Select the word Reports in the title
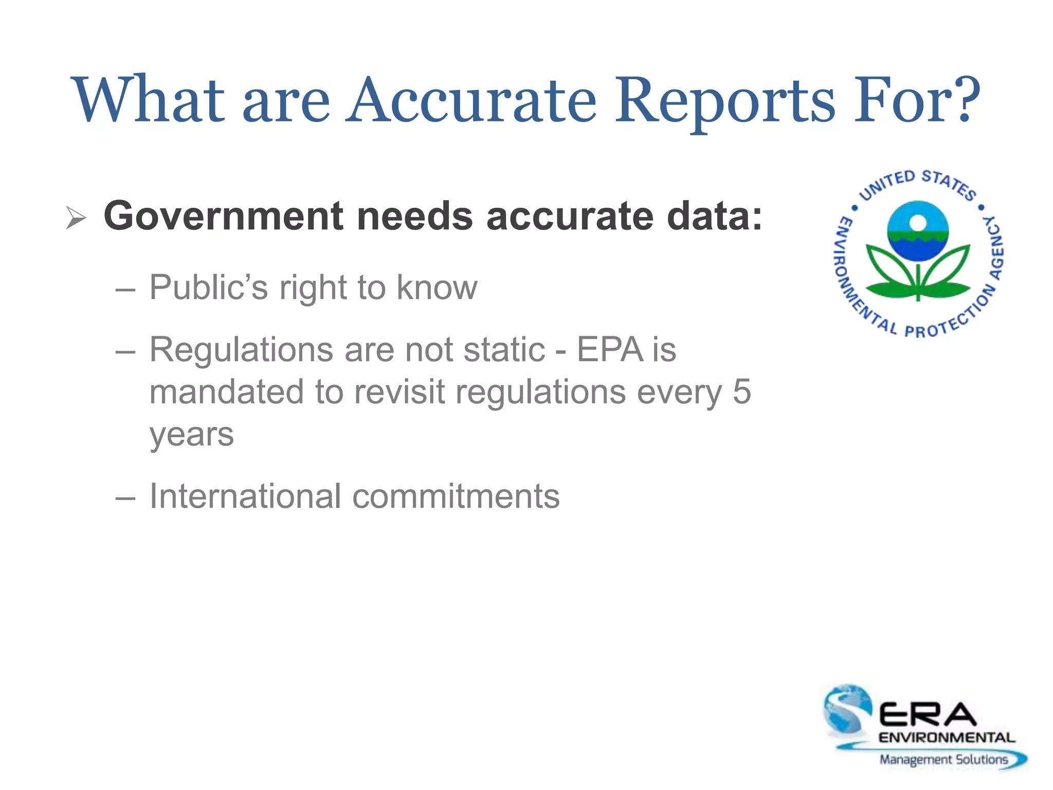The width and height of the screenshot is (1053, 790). [x=725, y=100]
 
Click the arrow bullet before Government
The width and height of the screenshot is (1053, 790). [x=76, y=218]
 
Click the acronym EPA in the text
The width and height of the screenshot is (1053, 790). [x=610, y=350]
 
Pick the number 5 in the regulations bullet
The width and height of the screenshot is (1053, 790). [x=741, y=392]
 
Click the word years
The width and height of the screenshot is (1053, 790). [x=192, y=435]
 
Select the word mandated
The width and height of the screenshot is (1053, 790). [x=226, y=392]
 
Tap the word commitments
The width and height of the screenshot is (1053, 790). [x=456, y=496]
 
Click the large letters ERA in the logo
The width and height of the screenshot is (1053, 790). [x=928, y=715]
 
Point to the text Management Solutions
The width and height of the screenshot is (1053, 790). [x=943, y=760]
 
